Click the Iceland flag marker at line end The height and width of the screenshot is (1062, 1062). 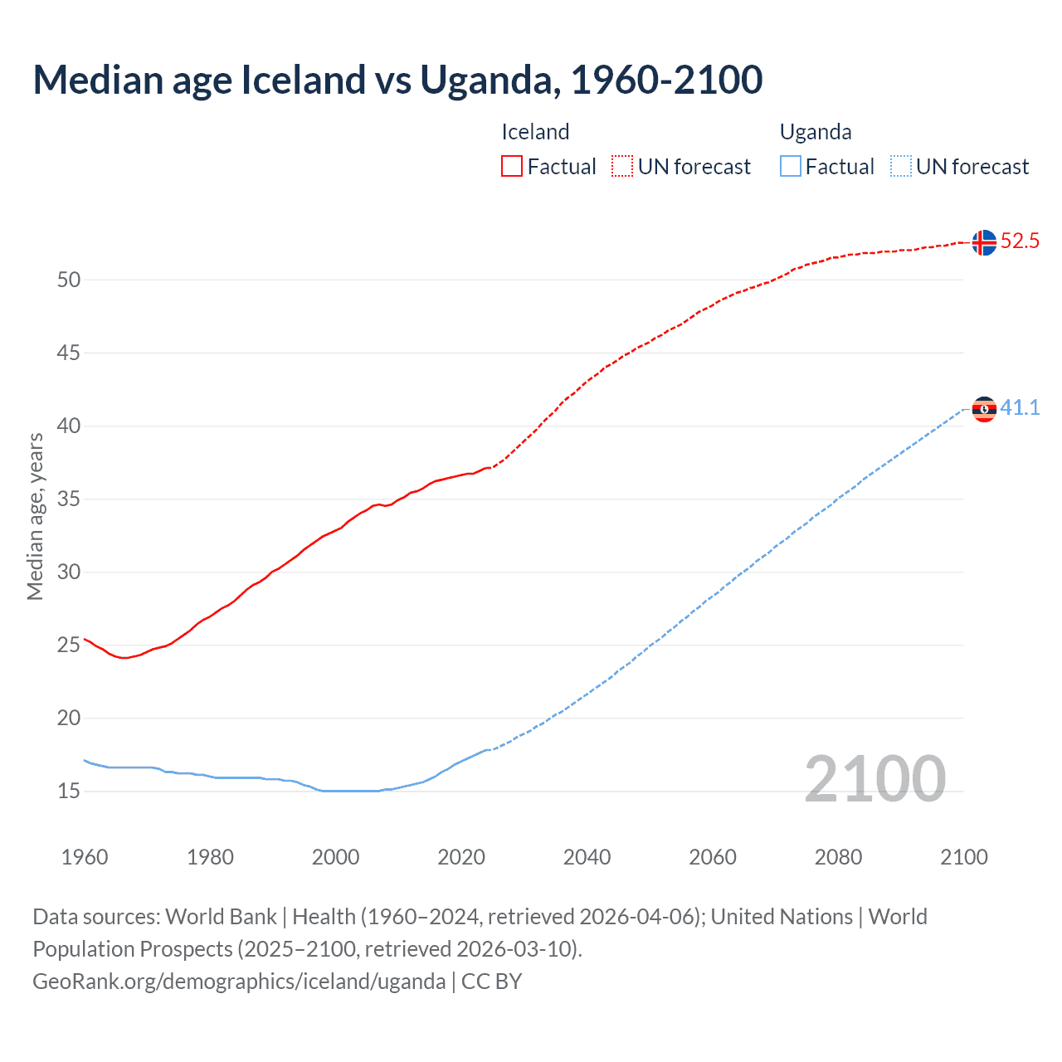[x=984, y=242]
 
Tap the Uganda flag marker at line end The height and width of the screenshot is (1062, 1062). [x=984, y=409]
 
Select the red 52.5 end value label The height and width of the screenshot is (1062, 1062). [x=1020, y=241]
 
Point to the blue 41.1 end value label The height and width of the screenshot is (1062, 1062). [x=1020, y=407]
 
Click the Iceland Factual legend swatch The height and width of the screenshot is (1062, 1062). [x=512, y=167]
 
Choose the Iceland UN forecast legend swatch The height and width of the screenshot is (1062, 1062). [x=622, y=167]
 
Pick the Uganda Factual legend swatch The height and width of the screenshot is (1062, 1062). [x=790, y=167]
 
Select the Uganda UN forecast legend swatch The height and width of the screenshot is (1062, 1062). [x=900, y=167]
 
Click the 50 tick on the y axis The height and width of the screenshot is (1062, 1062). [x=69, y=280]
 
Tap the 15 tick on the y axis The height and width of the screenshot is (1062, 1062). [x=69, y=792]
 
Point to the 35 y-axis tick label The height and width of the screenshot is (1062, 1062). [x=69, y=499]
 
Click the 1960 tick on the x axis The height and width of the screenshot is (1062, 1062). [x=85, y=857]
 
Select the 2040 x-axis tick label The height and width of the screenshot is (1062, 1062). [x=587, y=857]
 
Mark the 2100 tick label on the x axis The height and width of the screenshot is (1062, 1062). [x=963, y=857]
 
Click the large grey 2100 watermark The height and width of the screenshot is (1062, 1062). [x=874, y=779]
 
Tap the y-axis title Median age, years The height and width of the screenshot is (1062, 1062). [x=35, y=516]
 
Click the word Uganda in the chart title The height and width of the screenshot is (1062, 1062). [x=485, y=80]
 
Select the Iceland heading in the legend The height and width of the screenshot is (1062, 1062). [x=535, y=132]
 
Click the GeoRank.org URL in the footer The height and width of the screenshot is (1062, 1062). [x=239, y=982]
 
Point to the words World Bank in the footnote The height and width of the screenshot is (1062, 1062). [x=221, y=917]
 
